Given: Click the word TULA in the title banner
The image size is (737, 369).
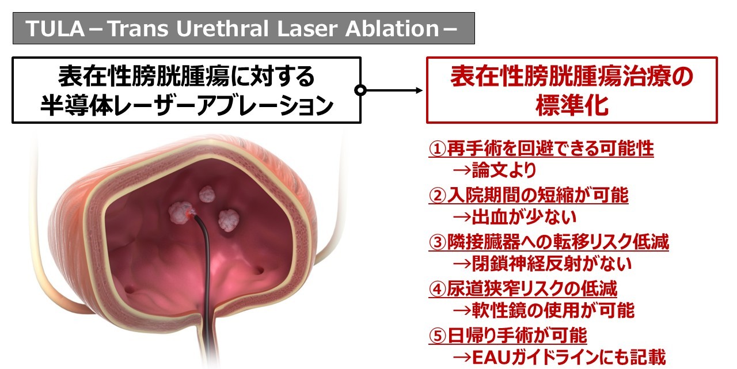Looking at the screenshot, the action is click(x=55, y=29).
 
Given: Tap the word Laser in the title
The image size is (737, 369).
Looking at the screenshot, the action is click(x=307, y=29).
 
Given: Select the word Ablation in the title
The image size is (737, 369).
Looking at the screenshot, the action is click(x=392, y=29).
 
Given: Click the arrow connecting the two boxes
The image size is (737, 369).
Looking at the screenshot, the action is click(x=392, y=90).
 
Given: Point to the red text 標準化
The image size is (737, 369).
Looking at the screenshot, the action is click(x=572, y=105).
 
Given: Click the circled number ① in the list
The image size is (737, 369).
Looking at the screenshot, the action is click(x=437, y=149).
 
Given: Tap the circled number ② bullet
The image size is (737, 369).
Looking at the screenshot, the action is click(x=437, y=196).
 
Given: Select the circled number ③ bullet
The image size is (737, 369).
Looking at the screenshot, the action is click(x=437, y=242).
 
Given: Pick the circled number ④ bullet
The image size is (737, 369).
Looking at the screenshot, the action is click(x=437, y=289).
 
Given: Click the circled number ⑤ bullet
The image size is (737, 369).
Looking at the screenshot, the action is click(x=437, y=336).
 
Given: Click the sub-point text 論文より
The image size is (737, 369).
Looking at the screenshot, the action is click(x=504, y=170).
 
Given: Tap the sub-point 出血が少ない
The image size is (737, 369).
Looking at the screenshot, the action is click(x=524, y=216).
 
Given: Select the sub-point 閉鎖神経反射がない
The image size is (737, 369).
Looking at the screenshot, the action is click(x=552, y=264).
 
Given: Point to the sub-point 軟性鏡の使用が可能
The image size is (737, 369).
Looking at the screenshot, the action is click(x=553, y=310).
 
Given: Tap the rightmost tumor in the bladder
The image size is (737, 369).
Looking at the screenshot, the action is click(x=229, y=220).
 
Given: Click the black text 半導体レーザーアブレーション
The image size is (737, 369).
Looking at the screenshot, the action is click(x=187, y=106).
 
